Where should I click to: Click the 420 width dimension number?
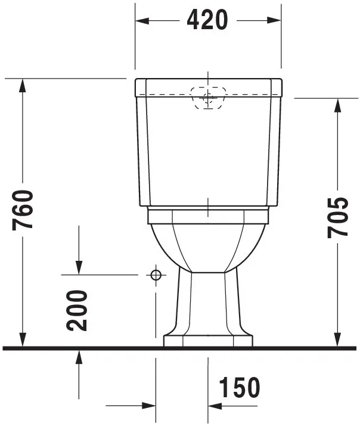pyautogui.click(x=207, y=20)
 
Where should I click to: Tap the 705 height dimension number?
pyautogui.click(x=337, y=217)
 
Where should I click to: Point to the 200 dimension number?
pyautogui.click(x=78, y=310)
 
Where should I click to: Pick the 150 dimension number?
pyautogui.click(x=239, y=388)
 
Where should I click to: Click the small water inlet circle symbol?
pyautogui.click(x=156, y=275)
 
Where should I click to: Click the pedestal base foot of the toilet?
pyautogui.click(x=208, y=340)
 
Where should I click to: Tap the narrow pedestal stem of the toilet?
pyautogui.click(x=208, y=301)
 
